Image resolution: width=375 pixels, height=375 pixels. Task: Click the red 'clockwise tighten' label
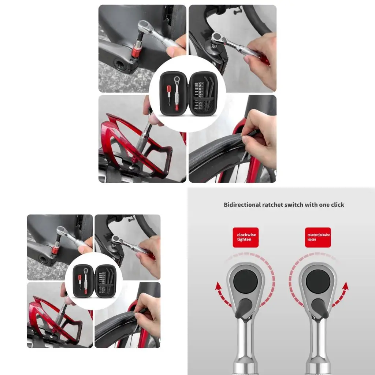pos(246,237)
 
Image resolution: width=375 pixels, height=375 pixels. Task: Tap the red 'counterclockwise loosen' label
pos(318,237)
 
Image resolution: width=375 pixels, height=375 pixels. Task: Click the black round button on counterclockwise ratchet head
pos(318,281)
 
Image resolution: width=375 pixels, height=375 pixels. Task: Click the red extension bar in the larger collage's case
pos(169,96)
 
